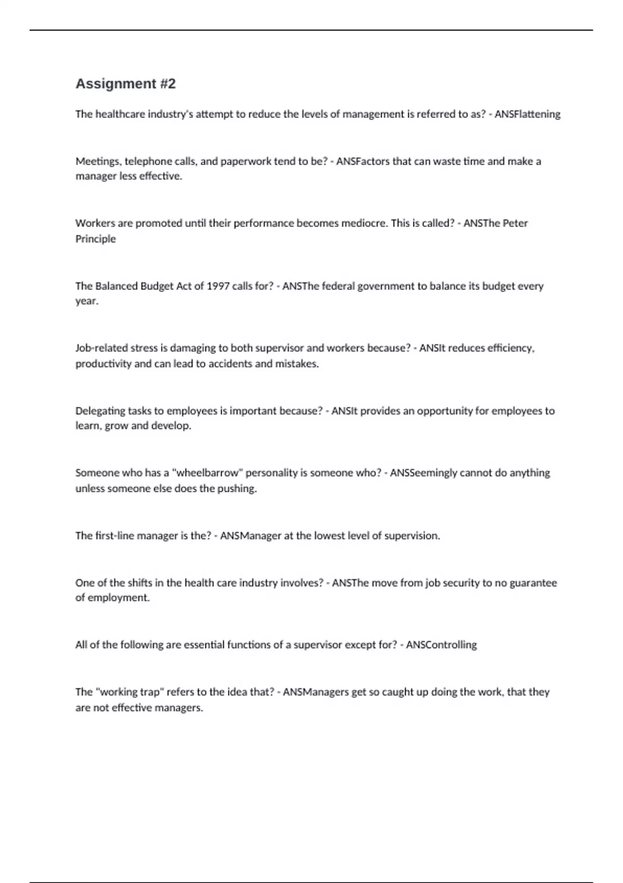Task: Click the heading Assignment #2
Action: coord(126,84)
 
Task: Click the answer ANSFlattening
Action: coord(527,114)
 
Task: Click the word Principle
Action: coord(96,239)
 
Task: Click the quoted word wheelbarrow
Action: coord(208,473)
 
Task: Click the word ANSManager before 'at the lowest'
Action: coord(250,536)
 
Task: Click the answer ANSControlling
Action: coord(441,645)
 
